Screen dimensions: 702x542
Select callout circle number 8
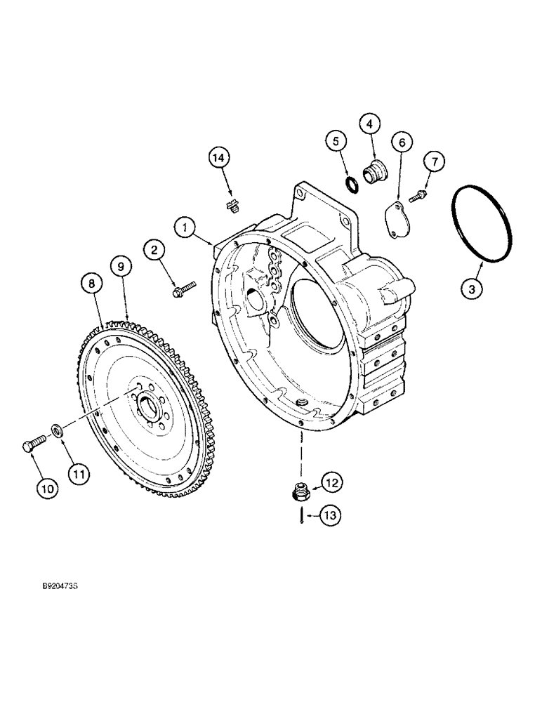click(x=90, y=283)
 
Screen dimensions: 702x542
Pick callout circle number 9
click(x=120, y=266)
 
